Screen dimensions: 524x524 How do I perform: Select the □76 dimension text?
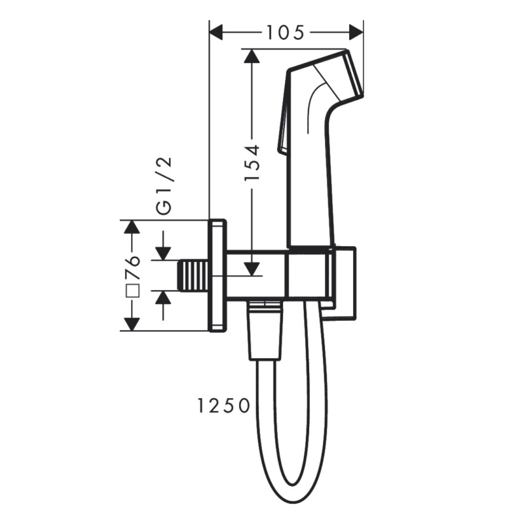[x=133, y=275]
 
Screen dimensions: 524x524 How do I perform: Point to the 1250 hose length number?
[x=223, y=406]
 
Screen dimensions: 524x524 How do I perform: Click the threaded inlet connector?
[x=194, y=274]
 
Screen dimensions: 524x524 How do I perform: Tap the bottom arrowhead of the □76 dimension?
[x=133, y=323]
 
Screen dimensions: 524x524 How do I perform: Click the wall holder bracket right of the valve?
[x=343, y=285]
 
